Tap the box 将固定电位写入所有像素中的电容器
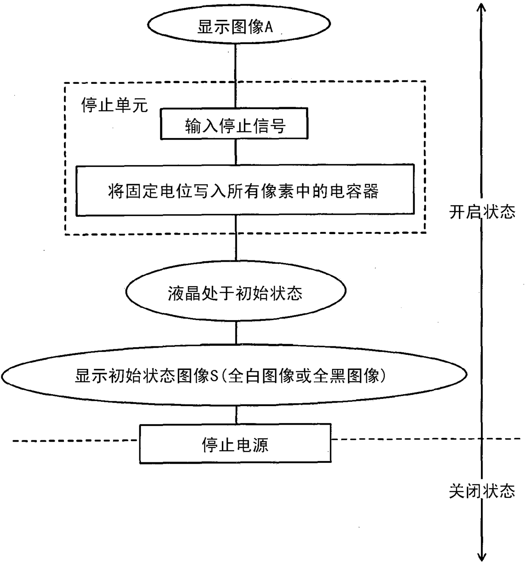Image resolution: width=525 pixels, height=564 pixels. (244, 191)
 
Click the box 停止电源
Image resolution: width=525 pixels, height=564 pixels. (235, 445)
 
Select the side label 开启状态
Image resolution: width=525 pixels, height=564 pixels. (482, 212)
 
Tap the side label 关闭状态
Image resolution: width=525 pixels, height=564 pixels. (482, 491)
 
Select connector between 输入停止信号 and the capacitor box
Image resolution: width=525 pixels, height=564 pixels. (236, 152)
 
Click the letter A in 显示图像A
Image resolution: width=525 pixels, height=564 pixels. (269, 27)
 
